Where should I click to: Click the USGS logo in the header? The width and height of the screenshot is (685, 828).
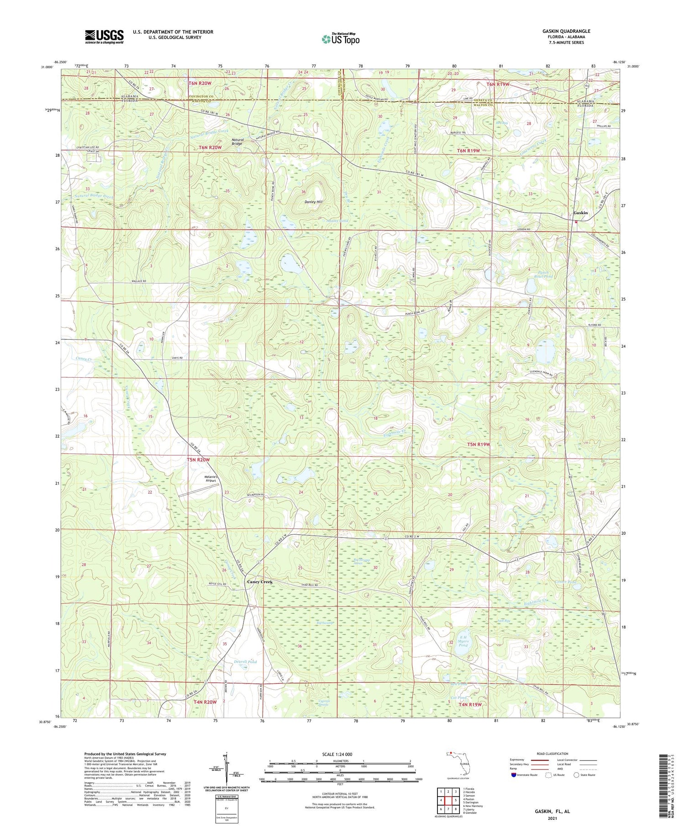tap(104, 37)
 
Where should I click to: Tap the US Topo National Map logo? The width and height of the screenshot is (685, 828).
tap(341, 39)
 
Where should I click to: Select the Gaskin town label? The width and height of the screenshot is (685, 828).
tap(580, 213)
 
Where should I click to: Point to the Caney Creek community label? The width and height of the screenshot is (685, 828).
tap(259, 582)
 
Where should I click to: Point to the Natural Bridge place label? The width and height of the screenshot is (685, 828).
tap(237, 142)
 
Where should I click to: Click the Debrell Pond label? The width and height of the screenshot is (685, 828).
tap(245, 661)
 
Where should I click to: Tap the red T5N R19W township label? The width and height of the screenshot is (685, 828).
tap(478, 444)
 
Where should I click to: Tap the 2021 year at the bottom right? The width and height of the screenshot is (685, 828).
tap(552, 812)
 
